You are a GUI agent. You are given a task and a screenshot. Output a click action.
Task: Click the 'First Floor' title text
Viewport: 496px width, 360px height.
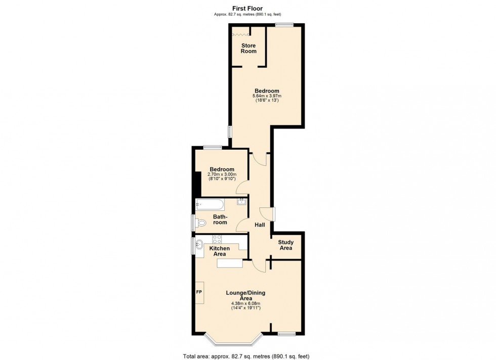click(x=248, y=8)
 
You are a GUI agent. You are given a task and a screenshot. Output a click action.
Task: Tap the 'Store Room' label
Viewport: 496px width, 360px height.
click(x=248, y=48)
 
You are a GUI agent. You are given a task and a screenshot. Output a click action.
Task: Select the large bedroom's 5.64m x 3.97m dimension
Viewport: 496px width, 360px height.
click(x=267, y=96)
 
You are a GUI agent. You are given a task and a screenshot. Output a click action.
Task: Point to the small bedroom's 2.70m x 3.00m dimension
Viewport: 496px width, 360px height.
click(x=222, y=174)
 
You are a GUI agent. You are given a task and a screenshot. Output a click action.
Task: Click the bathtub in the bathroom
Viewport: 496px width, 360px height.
click(x=210, y=205)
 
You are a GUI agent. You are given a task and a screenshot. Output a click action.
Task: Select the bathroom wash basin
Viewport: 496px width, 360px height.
click(x=242, y=202)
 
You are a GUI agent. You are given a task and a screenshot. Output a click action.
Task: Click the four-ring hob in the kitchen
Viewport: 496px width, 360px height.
click(x=217, y=239)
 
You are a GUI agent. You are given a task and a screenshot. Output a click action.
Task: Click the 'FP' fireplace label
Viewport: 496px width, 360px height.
click(x=199, y=293)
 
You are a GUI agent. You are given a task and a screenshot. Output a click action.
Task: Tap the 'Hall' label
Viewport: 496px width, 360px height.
click(x=260, y=225)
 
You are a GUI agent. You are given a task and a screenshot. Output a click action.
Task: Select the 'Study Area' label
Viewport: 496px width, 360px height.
click(x=286, y=245)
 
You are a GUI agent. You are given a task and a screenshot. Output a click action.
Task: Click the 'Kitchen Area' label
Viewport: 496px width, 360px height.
click(x=220, y=251)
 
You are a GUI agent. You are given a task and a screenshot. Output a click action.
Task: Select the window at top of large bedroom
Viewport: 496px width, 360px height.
click(x=284, y=25)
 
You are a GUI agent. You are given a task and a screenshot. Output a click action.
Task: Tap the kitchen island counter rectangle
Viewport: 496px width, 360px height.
click(x=230, y=263)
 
